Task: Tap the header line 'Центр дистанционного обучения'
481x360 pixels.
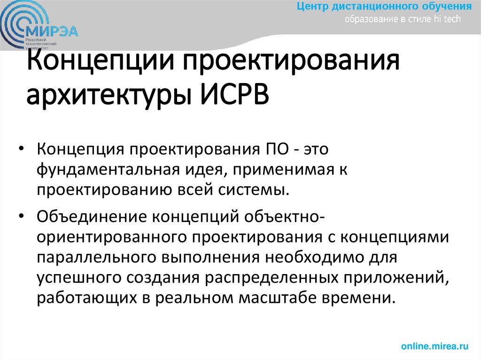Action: coord(384,7)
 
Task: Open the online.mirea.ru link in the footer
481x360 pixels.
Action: coord(435,346)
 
